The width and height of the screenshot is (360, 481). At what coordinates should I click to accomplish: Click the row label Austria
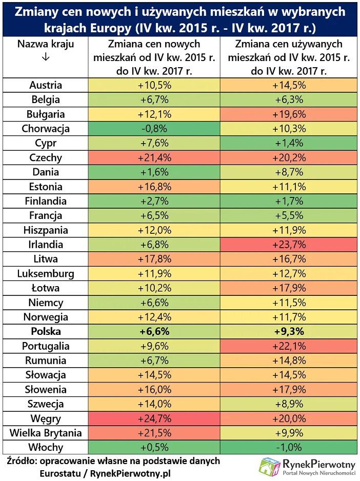pos(46,85)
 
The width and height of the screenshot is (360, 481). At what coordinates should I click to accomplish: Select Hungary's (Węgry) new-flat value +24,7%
pos(154,418)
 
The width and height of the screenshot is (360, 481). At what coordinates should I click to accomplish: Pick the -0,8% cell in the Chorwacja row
pos(154,129)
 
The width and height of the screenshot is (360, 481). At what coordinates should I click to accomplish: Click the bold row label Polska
pos(46,331)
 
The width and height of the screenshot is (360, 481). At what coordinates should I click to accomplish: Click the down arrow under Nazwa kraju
pos(46,58)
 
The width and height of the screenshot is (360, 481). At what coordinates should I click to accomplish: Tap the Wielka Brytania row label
pos(46,433)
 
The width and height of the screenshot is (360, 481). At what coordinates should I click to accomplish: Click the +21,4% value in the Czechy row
pos(154,157)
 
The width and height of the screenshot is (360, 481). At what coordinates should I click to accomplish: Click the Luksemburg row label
pos(46,273)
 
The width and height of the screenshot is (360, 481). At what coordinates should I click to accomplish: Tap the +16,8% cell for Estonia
pos(154,187)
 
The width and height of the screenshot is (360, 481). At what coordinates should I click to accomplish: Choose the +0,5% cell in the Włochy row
pos(154,447)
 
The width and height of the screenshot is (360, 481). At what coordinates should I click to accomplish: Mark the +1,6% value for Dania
pos(154,172)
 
